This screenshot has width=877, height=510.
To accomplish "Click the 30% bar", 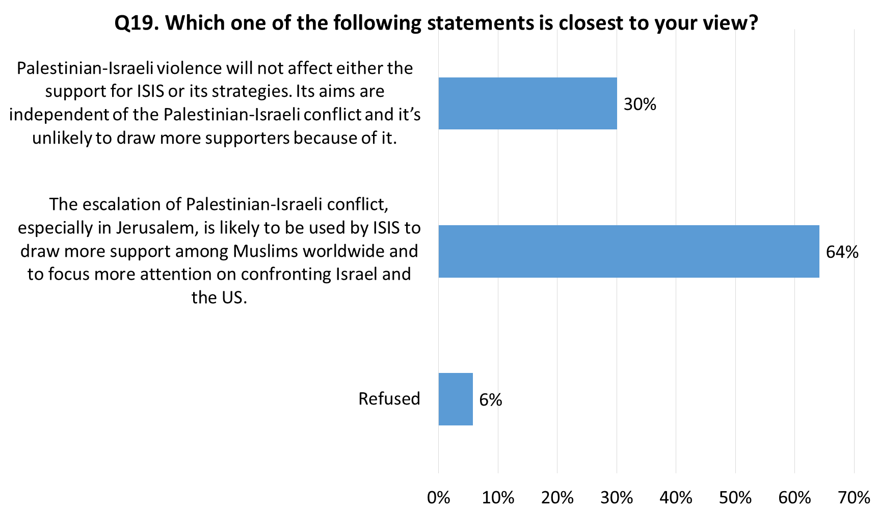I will pyautogui.click(x=527, y=103).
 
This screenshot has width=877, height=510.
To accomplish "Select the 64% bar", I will pyautogui.click(x=628, y=252).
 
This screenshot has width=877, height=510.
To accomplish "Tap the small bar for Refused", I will pyautogui.click(x=456, y=399).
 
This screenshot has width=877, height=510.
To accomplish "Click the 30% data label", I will pyautogui.click(x=640, y=105).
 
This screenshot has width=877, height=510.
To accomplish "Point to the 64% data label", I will pyautogui.click(x=842, y=252).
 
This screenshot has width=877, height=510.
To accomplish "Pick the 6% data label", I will pyautogui.click(x=491, y=400).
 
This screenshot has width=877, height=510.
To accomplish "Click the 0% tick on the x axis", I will pyautogui.click(x=439, y=497).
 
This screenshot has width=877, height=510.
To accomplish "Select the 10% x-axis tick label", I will pyautogui.click(x=498, y=497).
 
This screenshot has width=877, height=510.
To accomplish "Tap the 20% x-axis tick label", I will pyautogui.click(x=557, y=497).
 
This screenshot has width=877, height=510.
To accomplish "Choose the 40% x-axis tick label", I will pyautogui.click(x=676, y=497).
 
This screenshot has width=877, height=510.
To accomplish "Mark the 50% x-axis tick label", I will pyautogui.click(x=735, y=497).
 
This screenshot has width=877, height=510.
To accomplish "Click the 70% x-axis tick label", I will pyautogui.click(x=854, y=497).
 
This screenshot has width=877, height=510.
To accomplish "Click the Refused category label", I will pyautogui.click(x=389, y=398).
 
